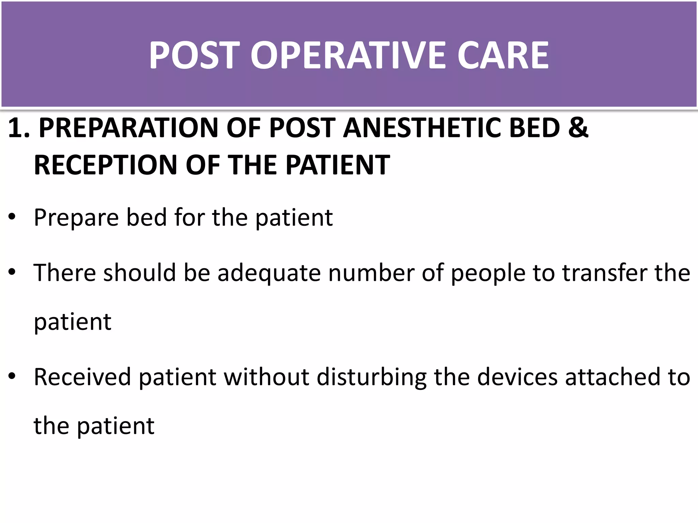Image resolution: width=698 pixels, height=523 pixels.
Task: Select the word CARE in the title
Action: click(x=503, y=55)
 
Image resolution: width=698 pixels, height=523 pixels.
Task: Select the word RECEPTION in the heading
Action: click(x=105, y=165)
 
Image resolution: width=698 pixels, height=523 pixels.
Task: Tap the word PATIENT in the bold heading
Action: click(x=337, y=165)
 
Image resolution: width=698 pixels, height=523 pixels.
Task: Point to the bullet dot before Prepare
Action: click(x=12, y=217)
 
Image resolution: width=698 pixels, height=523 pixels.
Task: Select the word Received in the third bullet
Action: click(x=82, y=377)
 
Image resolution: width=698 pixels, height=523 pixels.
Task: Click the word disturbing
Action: click(x=371, y=377)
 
